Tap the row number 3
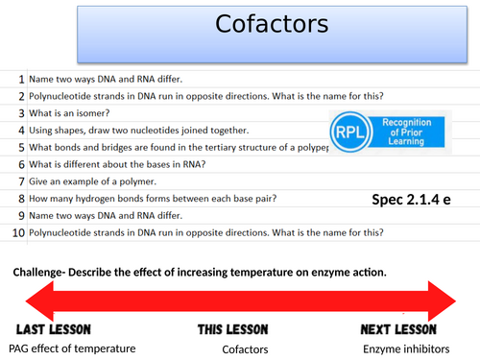click(20, 112)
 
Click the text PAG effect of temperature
click(72, 348)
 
